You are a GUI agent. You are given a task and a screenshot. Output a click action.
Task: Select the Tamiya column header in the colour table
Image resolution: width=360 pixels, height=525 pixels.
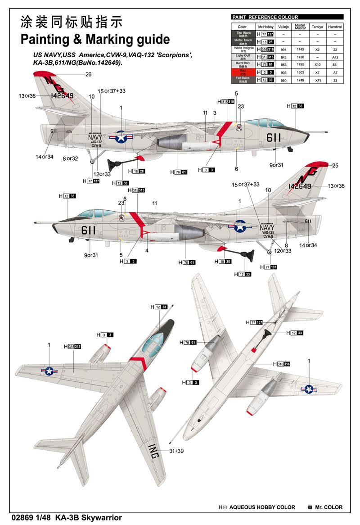click(318, 27)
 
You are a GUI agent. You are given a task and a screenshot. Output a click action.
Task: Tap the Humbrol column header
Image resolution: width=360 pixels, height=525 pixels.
click(335, 27)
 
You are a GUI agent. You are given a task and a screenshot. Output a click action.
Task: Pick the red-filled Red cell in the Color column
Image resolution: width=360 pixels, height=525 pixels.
click(243, 72)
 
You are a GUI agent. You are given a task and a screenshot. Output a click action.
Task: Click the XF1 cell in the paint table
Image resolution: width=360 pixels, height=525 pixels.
click(318, 80)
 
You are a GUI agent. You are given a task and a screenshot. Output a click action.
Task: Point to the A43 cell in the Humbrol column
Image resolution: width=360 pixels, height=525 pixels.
click(335, 57)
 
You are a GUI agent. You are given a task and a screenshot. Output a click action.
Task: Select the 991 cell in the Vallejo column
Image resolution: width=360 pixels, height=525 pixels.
click(283, 50)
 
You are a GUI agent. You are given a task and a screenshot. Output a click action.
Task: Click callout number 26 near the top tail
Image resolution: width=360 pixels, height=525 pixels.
click(88, 74)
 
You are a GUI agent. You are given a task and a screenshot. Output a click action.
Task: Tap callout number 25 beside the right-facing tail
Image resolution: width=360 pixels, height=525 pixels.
click(335, 165)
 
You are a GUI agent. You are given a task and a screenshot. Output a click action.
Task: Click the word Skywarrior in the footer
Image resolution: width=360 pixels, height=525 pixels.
click(102, 518)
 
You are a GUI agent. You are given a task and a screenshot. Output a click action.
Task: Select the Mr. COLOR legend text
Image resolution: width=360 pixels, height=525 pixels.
click(328, 507)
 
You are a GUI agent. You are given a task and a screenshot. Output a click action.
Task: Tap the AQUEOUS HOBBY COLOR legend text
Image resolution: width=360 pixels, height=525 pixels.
click(262, 507)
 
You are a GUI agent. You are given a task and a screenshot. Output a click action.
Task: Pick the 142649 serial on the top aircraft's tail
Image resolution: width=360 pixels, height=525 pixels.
click(63, 95)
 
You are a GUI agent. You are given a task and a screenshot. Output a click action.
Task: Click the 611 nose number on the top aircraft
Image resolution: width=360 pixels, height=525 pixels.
click(274, 137)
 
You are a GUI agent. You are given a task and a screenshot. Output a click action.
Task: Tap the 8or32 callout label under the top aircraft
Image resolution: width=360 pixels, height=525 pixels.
click(70, 158)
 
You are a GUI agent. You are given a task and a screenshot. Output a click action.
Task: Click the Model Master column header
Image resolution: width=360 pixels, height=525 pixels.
click(300, 27)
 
